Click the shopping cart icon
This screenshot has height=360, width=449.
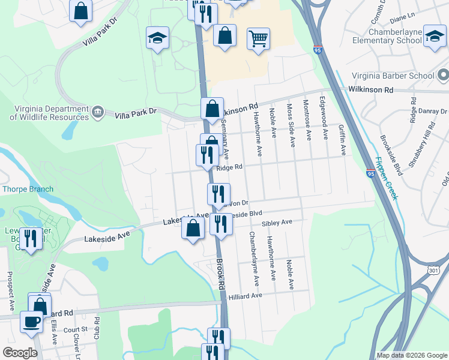258,39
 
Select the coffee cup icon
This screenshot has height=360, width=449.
31,321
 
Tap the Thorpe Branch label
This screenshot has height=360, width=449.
28,189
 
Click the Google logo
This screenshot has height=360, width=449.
20,352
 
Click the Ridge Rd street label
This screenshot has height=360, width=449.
229,168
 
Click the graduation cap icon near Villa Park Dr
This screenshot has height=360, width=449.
157,38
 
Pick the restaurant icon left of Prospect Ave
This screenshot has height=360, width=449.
30,238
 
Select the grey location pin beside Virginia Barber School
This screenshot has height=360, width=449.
443,76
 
